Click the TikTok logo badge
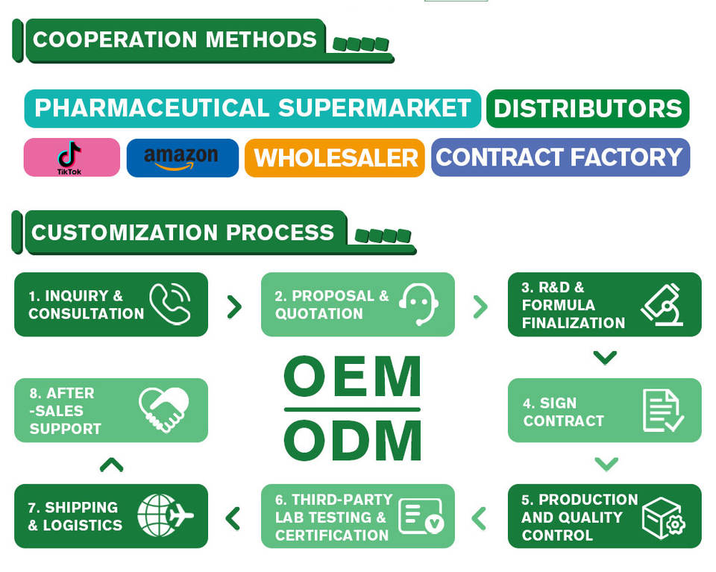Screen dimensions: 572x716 (x=72, y=157)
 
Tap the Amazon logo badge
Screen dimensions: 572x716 (x=182, y=157)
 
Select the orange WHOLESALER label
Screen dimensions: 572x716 (x=335, y=157)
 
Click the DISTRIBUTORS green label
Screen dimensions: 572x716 (x=588, y=109)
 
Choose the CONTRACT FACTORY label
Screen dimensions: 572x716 (x=560, y=157)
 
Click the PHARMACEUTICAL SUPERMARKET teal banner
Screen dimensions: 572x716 (x=252, y=109)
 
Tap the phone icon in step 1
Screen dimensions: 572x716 (x=170, y=304)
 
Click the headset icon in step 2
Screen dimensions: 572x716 (x=418, y=304)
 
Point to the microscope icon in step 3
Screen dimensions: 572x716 (x=663, y=304)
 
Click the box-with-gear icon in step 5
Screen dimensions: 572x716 (x=663, y=517)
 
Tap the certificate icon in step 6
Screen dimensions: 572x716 (x=421, y=517)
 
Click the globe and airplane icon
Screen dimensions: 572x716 (x=165, y=516)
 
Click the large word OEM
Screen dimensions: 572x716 (x=353, y=377)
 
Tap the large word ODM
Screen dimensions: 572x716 (x=353, y=440)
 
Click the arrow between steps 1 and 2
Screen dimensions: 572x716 (x=234, y=306)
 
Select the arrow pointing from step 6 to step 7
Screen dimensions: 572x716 (x=233, y=517)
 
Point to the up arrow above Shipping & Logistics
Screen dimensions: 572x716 (x=111, y=465)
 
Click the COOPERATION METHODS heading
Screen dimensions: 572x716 (x=175, y=40)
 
